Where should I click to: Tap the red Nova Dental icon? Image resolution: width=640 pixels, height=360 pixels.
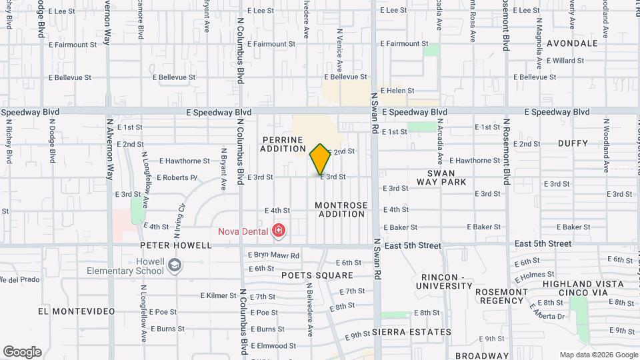pos(279,232)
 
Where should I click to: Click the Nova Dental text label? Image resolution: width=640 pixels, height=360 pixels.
pos(244,232)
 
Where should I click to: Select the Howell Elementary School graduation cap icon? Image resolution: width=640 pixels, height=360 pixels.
pos(175,266)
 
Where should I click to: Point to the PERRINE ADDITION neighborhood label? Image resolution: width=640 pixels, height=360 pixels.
pos(283,145)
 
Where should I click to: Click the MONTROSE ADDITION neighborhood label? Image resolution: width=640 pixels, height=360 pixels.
pos(341,209)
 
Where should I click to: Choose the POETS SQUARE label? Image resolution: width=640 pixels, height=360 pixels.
pos(317,275)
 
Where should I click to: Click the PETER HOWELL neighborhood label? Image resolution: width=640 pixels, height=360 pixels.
pos(175,245)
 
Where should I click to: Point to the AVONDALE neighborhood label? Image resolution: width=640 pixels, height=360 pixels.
pos(572,43)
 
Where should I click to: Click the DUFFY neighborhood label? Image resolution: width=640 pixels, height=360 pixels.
pos(573,143)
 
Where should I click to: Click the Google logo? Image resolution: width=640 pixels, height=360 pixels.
pos(22,351)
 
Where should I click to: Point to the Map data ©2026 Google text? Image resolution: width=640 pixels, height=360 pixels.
pos(598,355)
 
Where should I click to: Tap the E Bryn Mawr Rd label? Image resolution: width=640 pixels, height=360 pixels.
pos(273,255)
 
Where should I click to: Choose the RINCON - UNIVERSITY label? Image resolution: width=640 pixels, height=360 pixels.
pos(445,281)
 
